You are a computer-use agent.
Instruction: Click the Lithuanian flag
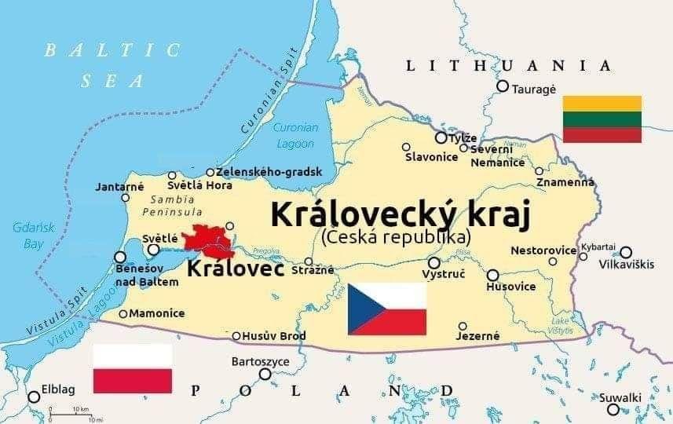pyautogui.click(x=602, y=119)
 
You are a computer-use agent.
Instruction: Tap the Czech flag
pyautogui.click(x=387, y=309)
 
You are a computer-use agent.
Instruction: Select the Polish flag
pyautogui.click(x=132, y=368)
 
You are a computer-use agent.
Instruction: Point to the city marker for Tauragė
pyautogui.click(x=503, y=86)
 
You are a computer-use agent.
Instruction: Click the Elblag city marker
pyautogui.click(x=34, y=397)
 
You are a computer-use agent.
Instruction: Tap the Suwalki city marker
pyautogui.click(x=613, y=409)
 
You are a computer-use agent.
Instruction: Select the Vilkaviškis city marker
pyautogui.click(x=626, y=252)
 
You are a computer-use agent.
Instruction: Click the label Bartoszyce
pyautogui.click(x=261, y=362)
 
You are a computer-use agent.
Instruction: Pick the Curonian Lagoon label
pyautogui.click(x=295, y=136)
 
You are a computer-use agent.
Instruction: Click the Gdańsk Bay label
pyautogui.click(x=27, y=236)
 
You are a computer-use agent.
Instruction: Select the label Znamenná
pyautogui.click(x=565, y=183)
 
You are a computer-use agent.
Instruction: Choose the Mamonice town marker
pyautogui.click(x=123, y=314)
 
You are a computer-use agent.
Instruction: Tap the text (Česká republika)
pyautogui.click(x=396, y=236)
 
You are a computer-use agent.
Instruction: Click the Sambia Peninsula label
pyautogui.click(x=174, y=206)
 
